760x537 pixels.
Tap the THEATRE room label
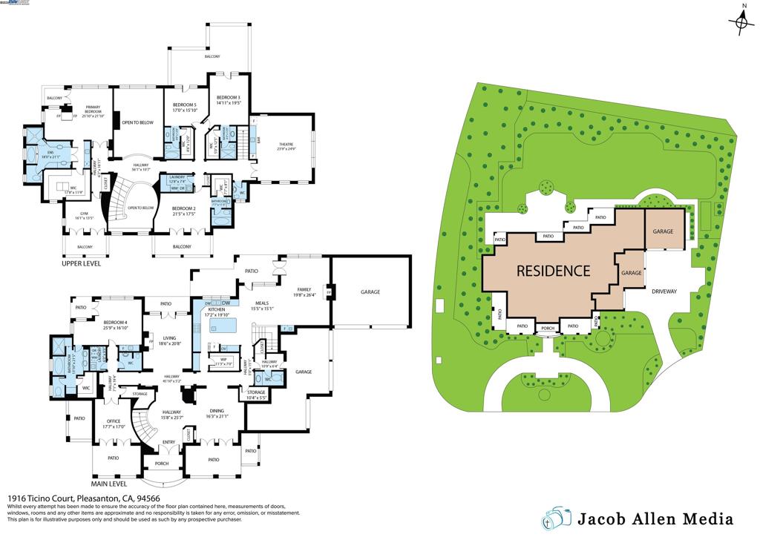tap(287, 145)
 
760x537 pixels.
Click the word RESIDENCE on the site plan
tap(553, 271)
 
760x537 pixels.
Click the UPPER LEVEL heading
tap(82, 263)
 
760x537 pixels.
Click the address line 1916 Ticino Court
tap(83, 499)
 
